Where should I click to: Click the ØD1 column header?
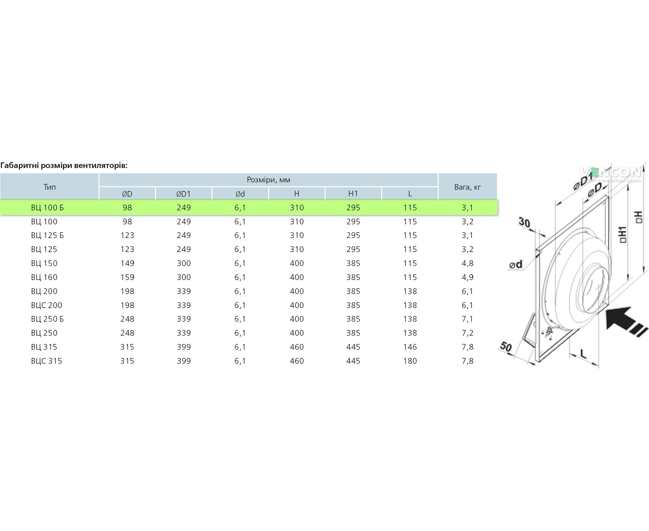(x=183, y=194)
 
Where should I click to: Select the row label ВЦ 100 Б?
(x=47, y=208)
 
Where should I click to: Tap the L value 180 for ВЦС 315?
(x=410, y=361)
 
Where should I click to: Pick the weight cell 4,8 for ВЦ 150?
(x=468, y=263)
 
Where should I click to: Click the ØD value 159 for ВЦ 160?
(x=127, y=277)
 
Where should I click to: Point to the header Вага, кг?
(x=468, y=187)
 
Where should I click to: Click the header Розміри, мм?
(x=268, y=180)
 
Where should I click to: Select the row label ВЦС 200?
(x=47, y=305)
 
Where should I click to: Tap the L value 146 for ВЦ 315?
(x=410, y=347)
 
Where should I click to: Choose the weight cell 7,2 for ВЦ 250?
(x=468, y=333)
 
